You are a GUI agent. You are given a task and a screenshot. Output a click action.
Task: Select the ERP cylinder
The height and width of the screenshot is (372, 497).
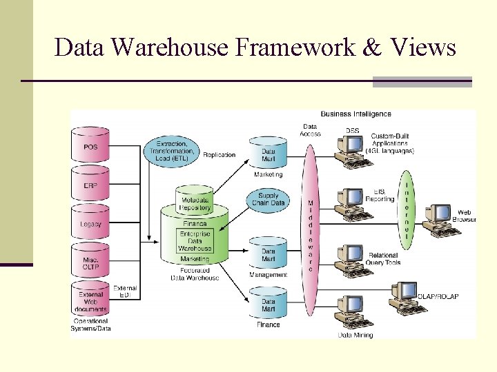pyautogui.click(x=90, y=185)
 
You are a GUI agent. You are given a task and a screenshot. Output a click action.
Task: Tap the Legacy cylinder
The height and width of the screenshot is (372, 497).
pyautogui.click(x=90, y=223)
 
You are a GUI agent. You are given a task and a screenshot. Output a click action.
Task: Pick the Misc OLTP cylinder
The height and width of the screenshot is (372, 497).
pyautogui.click(x=90, y=262)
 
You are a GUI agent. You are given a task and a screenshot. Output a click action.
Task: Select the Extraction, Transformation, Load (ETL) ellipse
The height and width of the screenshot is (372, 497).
pyautogui.click(x=171, y=150)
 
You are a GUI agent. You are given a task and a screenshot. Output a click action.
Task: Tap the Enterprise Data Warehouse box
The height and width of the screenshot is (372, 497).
pyautogui.click(x=195, y=240)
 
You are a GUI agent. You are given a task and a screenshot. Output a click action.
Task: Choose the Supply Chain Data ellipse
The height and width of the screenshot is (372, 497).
pyautogui.click(x=267, y=199)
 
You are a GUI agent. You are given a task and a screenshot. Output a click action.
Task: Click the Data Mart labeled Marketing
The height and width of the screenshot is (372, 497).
pyautogui.click(x=268, y=154)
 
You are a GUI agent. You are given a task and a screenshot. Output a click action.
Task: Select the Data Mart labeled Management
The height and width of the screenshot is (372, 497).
pyautogui.click(x=268, y=255)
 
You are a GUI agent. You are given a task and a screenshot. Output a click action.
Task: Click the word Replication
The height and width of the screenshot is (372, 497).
pyautogui.click(x=219, y=155)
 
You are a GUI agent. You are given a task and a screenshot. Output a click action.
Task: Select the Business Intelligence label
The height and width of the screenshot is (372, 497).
pyautogui.click(x=355, y=114)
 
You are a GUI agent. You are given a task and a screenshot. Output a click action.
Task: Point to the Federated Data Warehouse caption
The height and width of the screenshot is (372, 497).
pyautogui.click(x=195, y=274)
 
